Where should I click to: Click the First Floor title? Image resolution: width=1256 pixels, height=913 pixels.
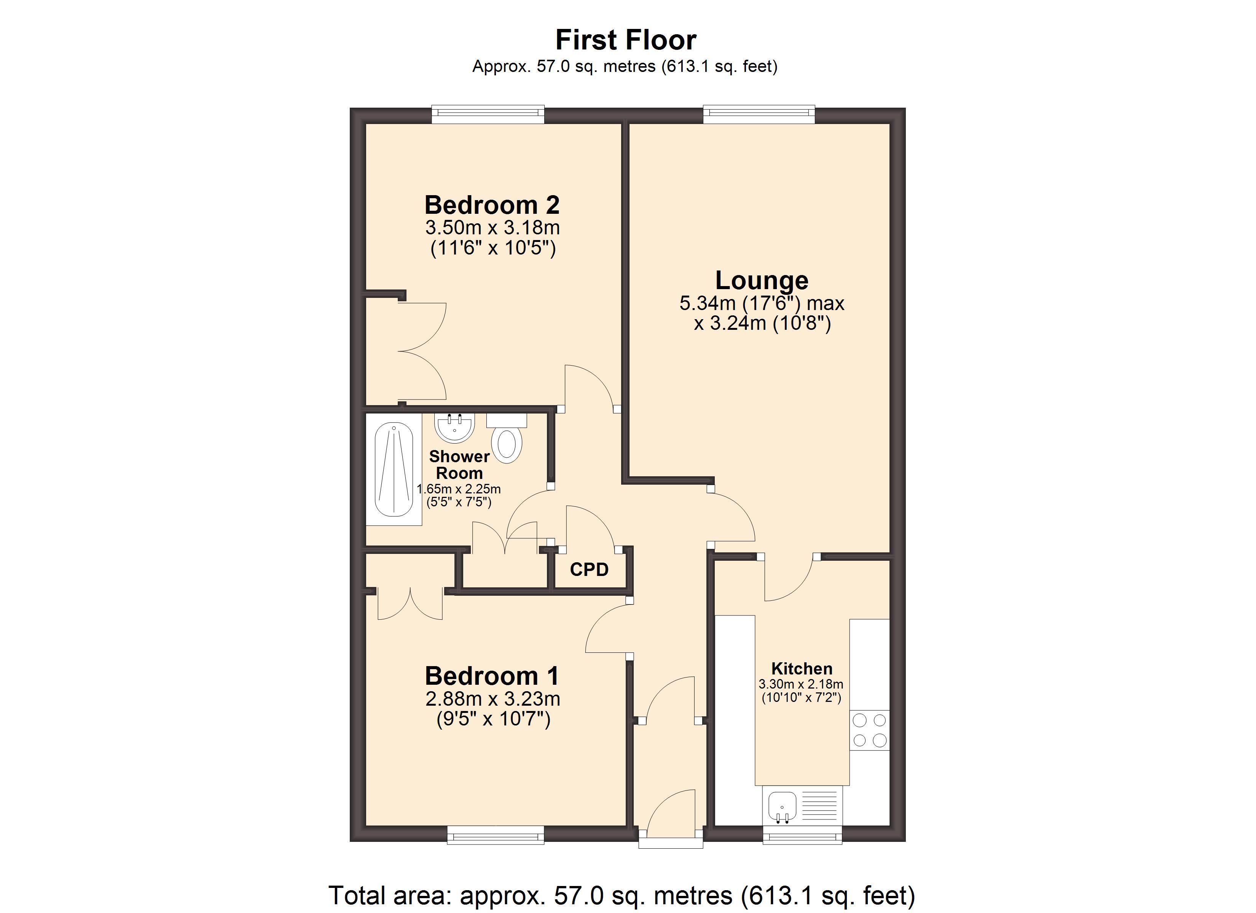pos(625,40)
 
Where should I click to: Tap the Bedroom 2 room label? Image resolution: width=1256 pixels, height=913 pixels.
pos(493,205)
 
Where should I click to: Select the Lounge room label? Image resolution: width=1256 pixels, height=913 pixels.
pos(762,280)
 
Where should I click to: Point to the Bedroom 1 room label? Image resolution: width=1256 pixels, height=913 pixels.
pos(493,676)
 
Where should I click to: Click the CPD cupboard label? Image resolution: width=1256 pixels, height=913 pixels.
pos(589,569)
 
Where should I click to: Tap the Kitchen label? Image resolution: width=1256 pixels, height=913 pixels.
pos(802,669)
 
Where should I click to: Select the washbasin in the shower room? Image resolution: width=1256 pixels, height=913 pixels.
pos(454,428)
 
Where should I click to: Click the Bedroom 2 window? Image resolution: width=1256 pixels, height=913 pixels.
pos(488,115)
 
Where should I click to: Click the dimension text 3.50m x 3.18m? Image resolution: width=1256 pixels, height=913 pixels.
pos(493,227)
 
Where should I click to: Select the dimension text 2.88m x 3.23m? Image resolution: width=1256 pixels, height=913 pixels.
pos(493,699)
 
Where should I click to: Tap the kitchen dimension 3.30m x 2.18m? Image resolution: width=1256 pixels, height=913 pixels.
pos(801,684)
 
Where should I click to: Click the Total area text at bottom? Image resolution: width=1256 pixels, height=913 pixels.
pos(622,895)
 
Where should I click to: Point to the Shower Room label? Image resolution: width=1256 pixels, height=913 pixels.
pos(459,464)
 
